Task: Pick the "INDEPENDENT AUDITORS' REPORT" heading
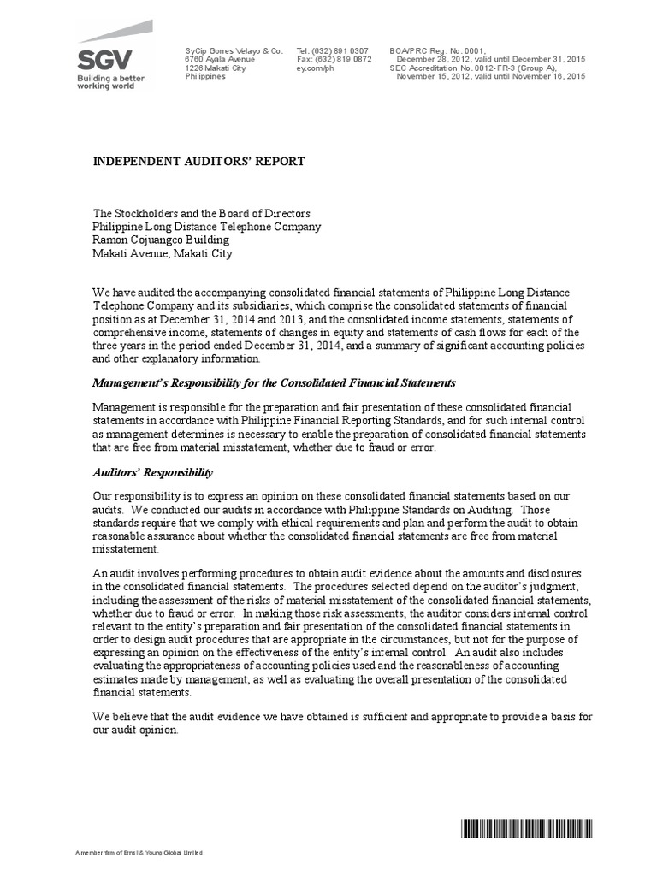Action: pyautogui.click(x=198, y=161)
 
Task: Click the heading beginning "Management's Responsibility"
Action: pyautogui.click(x=274, y=382)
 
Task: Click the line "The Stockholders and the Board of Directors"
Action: pyautogui.click(x=201, y=213)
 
